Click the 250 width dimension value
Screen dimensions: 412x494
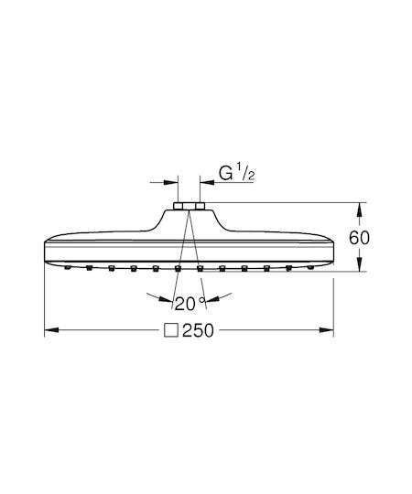pos(198,330)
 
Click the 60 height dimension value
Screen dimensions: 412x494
pos(359,238)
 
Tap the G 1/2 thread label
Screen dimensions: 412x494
pos(236,173)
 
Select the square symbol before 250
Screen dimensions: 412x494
pos(171,330)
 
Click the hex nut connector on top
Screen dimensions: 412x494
pos(189,206)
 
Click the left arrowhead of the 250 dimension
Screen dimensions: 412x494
pos(51,330)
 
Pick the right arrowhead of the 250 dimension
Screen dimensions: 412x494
pos(327,330)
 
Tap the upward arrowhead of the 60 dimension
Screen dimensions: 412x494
pos(360,209)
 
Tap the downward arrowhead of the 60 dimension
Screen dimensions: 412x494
pos(360,264)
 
